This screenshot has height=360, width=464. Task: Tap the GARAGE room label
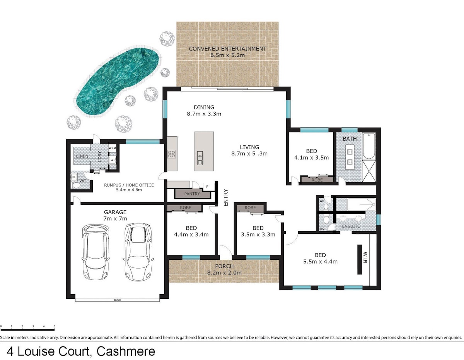115,212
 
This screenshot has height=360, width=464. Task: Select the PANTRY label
192,194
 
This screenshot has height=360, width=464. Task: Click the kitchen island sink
200,158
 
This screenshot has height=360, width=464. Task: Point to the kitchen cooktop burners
172,154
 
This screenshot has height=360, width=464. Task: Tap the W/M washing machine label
112,148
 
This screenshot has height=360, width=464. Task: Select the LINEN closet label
82,156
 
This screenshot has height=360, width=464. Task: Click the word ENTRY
226,197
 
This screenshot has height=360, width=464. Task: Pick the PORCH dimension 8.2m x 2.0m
224,273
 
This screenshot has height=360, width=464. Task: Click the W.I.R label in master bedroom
365,257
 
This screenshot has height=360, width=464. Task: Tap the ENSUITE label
351,226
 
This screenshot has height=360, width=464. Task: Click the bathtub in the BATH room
369,146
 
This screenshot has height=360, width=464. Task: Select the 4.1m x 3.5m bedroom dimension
311,158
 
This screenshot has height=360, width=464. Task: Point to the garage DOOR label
118,300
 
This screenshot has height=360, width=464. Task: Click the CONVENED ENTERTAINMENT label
228,49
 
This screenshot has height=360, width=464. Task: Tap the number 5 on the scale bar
55,326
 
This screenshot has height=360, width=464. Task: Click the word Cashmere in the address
126,351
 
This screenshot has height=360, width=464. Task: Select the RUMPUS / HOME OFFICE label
129,185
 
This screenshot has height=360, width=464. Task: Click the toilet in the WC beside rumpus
76,185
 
